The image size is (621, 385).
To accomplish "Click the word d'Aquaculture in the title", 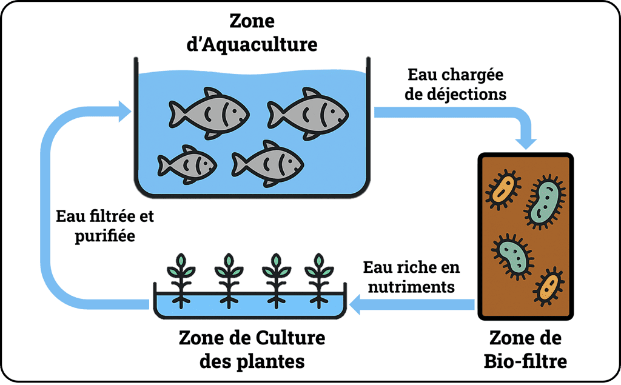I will coord(252,44).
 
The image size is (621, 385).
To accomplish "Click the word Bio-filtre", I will coord(525,362).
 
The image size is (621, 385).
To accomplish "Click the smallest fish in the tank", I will coord(187,164).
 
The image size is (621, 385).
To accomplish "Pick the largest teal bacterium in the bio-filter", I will coord(543,203).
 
